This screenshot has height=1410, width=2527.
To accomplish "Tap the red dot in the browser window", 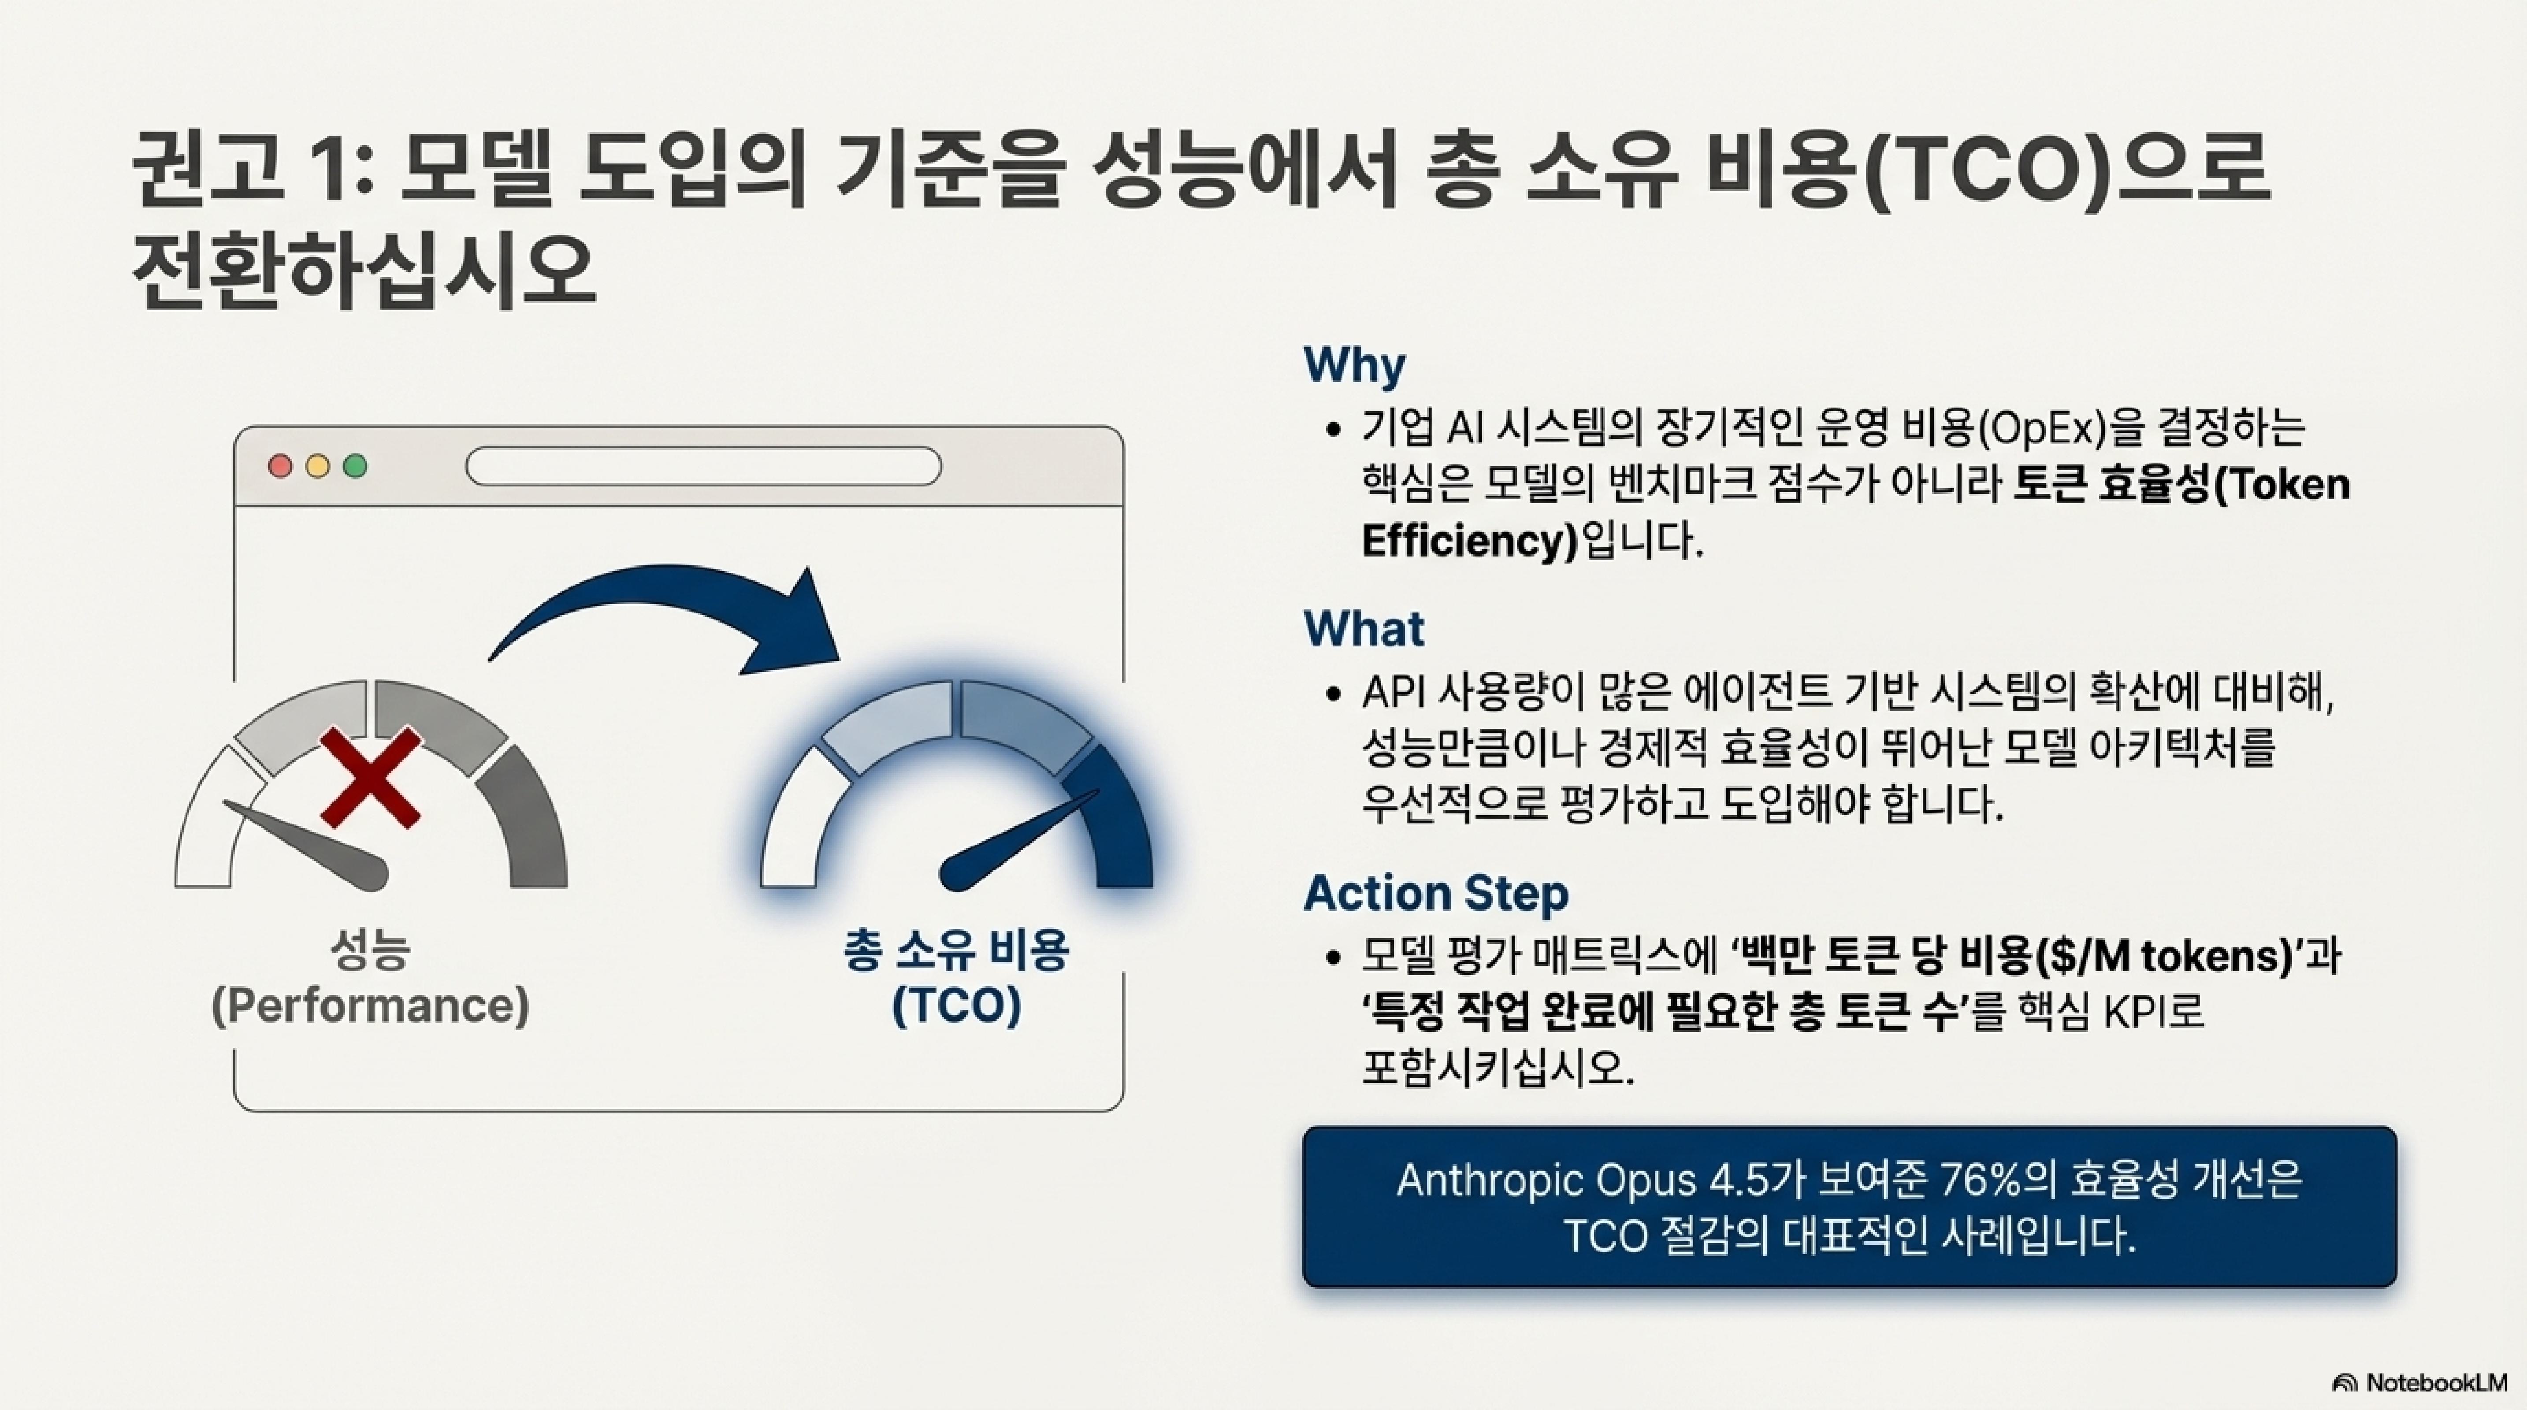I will point(281,467).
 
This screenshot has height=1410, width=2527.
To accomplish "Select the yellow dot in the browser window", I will point(318,467).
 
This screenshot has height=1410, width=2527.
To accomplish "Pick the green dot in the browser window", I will point(355,467).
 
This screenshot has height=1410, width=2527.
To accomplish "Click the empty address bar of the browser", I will point(703,467).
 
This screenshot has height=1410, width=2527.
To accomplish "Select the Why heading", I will point(1354,366).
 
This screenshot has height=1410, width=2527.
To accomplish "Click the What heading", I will point(1364,628).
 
